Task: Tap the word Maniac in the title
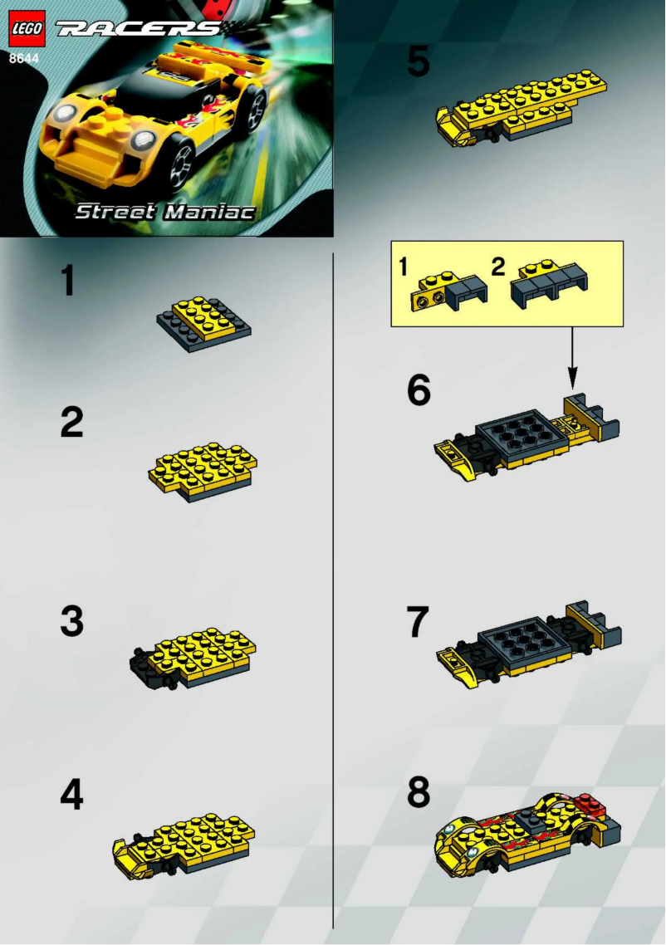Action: tap(208, 212)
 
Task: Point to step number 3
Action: tap(71, 621)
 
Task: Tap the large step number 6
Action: tap(419, 390)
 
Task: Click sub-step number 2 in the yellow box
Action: tap(497, 267)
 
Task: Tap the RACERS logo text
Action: tap(137, 29)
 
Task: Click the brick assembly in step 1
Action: tap(203, 321)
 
